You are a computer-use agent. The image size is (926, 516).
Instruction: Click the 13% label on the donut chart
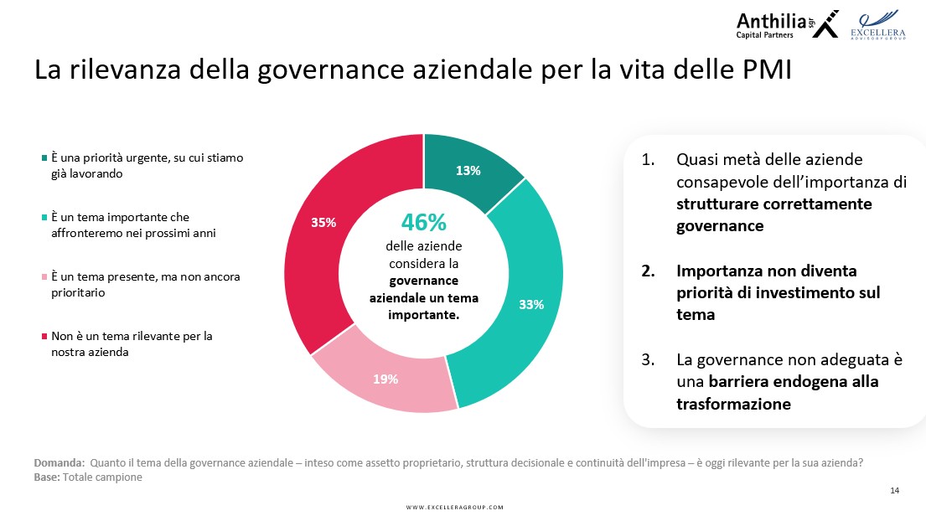click(x=468, y=171)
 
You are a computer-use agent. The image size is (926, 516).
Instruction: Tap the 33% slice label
click(x=531, y=305)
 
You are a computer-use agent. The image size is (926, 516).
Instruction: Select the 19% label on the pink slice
click(x=385, y=379)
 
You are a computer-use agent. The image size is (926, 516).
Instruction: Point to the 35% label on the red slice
click(x=323, y=223)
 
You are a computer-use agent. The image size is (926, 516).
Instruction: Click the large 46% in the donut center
click(x=423, y=223)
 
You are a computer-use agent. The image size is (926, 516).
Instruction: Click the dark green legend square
click(x=44, y=157)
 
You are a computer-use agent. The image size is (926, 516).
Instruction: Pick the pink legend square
click(x=44, y=276)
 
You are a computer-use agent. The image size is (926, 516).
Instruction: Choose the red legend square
click(x=44, y=336)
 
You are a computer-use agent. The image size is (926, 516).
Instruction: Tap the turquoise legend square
click(x=44, y=217)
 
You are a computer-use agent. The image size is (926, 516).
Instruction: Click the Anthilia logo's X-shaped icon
click(x=825, y=24)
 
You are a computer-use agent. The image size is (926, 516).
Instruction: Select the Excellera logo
click(x=877, y=25)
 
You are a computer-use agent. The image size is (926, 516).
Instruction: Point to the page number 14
click(x=895, y=490)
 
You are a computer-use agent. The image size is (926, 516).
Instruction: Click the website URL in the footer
click(x=455, y=507)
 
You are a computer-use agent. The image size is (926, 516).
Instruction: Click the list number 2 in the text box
click(x=648, y=271)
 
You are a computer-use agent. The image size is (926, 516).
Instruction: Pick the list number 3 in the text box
click(x=648, y=359)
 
